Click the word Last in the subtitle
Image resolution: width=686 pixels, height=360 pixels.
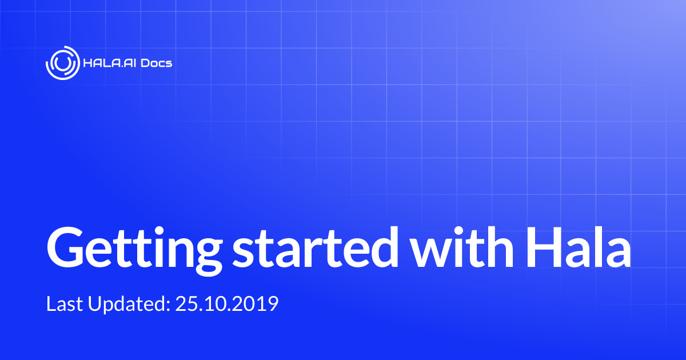coord(64,303)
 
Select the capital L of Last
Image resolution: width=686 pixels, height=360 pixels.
coord(51,303)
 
